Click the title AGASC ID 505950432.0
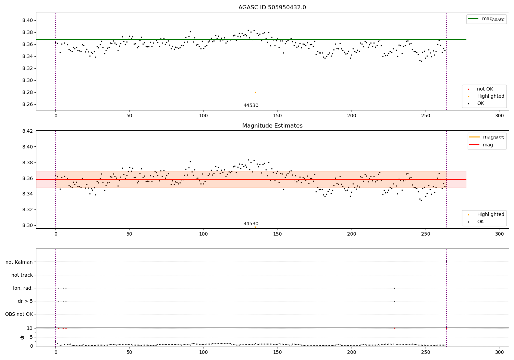coord(272,8)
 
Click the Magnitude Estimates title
coord(272,126)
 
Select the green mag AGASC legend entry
coord(486,19)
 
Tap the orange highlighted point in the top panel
coord(255,92)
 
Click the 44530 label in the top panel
coord(251,106)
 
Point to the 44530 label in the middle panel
coord(251,224)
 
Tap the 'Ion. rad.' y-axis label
coord(23,288)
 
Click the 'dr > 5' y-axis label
coord(25,301)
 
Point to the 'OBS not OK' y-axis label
coord(19,314)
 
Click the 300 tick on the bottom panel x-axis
coord(500,352)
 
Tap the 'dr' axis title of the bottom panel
coord(22,337)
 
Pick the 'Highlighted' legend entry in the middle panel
coord(490,215)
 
